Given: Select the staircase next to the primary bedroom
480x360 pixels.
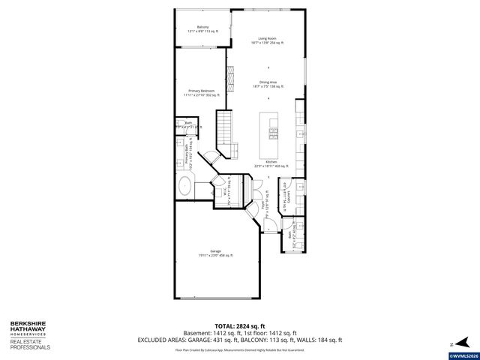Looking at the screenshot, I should [x=226, y=127].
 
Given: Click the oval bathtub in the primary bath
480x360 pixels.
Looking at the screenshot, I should [x=185, y=185].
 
